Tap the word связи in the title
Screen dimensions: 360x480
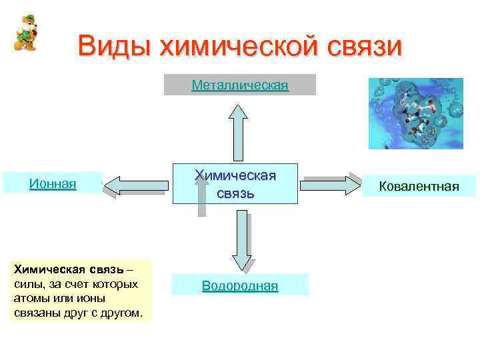pyautogui.click(x=365, y=47)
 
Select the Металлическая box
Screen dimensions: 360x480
pyautogui.click(x=239, y=85)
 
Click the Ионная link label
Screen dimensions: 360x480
pyautogui.click(x=53, y=183)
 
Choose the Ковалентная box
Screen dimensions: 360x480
pyautogui.click(x=419, y=186)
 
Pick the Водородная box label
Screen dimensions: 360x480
pyautogui.click(x=240, y=286)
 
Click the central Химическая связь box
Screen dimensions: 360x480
pyautogui.click(x=235, y=184)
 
